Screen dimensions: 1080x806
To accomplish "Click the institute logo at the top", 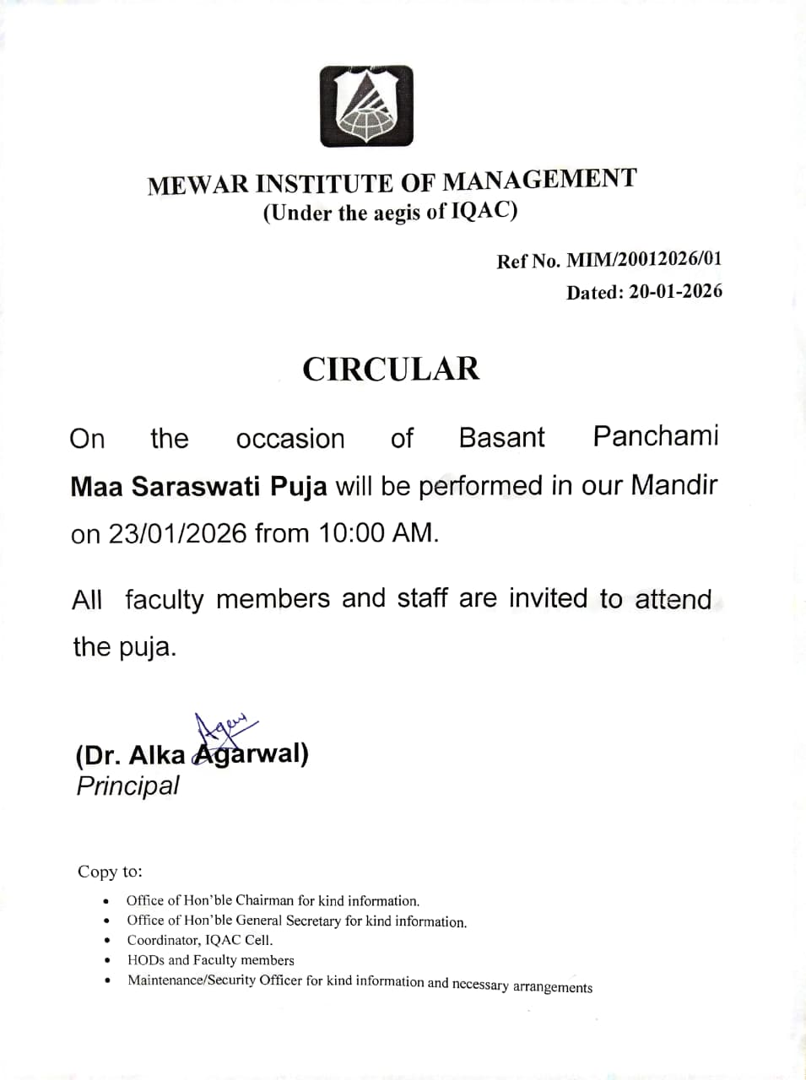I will (x=366, y=106).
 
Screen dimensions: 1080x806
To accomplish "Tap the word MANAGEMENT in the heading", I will (x=540, y=180).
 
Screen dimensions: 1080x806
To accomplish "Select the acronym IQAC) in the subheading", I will (x=484, y=210).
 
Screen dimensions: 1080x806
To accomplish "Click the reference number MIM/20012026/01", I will (x=643, y=259).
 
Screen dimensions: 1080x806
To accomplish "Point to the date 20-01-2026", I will (x=675, y=292).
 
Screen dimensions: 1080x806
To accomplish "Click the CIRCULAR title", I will (x=391, y=369).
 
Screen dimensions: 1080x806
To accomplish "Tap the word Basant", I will (x=501, y=437).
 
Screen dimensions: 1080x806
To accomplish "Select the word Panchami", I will (x=655, y=436).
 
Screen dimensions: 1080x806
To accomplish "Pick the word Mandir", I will (x=674, y=485).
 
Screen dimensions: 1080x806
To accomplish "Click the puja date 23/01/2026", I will (x=177, y=534).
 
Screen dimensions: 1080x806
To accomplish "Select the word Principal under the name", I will (x=127, y=786).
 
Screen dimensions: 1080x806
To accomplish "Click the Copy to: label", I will (x=110, y=872).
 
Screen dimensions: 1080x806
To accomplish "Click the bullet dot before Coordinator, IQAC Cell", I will (x=106, y=941).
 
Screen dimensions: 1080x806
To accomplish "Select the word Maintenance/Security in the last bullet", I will (x=192, y=980).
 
